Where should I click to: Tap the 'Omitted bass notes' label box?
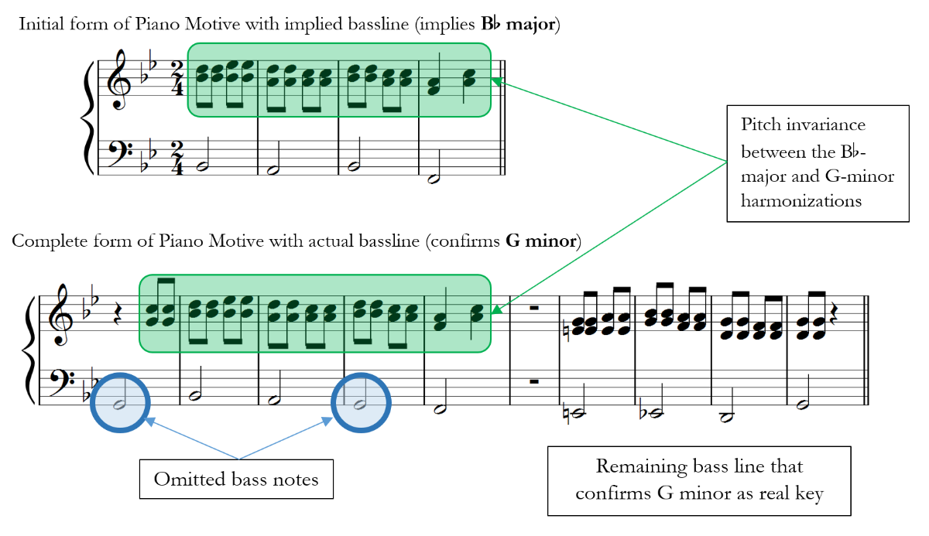point(236,480)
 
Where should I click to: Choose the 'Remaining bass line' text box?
point(699,480)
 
